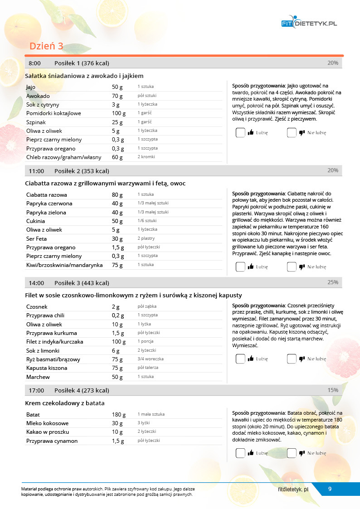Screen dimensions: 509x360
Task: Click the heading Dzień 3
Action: pyautogui.click(x=46, y=46)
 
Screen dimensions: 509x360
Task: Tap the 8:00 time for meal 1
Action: pyautogui.click(x=34, y=63)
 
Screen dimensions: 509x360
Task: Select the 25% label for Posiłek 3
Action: pyautogui.click(x=333, y=282)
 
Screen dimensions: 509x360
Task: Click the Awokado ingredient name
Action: pyautogui.click(x=38, y=96)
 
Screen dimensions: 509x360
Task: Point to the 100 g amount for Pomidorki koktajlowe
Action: pyautogui.click(x=119, y=113)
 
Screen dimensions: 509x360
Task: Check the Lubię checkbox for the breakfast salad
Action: pyautogui.click(x=240, y=133)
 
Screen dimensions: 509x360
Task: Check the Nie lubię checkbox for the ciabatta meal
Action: pyautogui.click(x=292, y=267)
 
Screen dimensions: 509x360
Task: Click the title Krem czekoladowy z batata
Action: pyautogui.click(x=65, y=403)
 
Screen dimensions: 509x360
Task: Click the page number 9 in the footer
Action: pyautogui.click(x=330, y=489)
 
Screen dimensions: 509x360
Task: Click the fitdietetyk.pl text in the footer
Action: pyautogui.click(x=293, y=489)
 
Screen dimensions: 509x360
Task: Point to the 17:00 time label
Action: pyautogui.click(x=36, y=390)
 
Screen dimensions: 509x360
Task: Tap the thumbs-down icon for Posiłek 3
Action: pyautogui.click(x=302, y=359)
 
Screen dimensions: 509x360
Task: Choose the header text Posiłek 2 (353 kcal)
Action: pyautogui.click(x=82, y=171)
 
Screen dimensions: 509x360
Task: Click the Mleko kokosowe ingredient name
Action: pyautogui.click(x=47, y=423)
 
